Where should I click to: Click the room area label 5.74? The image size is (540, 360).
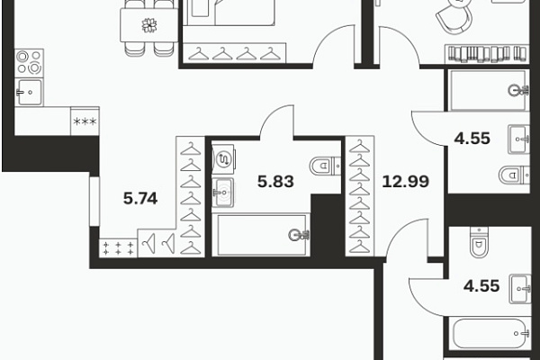click(140, 198)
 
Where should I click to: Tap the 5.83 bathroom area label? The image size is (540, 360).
click(275, 182)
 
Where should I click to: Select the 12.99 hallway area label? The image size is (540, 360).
click(406, 181)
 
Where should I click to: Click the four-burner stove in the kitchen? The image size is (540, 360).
click(30, 63)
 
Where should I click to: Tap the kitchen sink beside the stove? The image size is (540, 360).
click(30, 92)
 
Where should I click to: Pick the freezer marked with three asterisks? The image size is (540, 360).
click(85, 121)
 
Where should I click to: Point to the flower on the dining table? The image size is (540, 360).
click(149, 25)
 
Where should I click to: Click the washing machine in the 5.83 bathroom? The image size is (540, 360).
click(223, 158)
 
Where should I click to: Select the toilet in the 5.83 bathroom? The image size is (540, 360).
click(325, 166)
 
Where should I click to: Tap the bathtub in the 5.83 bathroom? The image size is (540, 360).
click(261, 235)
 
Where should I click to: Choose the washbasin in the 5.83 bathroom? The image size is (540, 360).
click(222, 193)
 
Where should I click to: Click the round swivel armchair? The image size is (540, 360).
click(454, 16)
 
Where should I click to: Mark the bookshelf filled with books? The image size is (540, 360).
click(487, 54)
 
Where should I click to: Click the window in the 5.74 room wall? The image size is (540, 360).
click(94, 202)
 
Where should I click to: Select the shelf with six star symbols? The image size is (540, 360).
click(119, 248)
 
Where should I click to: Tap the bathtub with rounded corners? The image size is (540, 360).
click(490, 334)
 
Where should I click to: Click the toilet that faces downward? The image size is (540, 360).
click(479, 242)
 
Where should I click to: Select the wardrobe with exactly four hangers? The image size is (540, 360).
click(234, 53)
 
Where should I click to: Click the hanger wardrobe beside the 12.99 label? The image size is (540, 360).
click(360, 196)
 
